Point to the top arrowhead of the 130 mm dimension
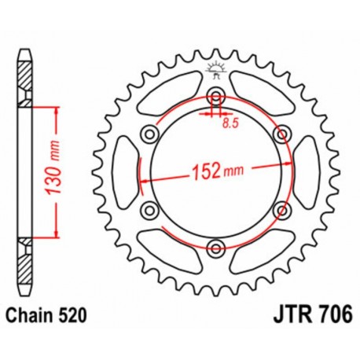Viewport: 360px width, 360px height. [56, 109]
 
